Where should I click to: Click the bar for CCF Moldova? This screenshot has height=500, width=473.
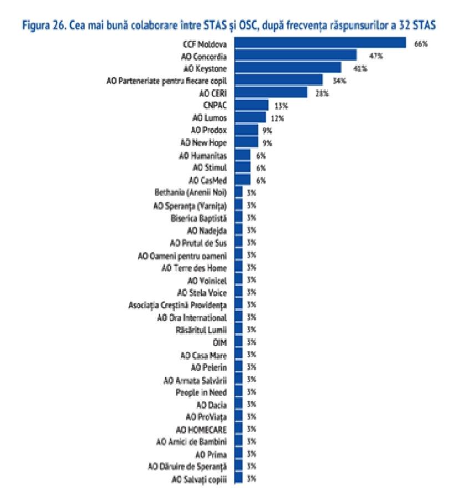pyautogui.click(x=321, y=43)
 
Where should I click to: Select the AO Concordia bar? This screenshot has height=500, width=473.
pyautogui.click(x=296, y=55)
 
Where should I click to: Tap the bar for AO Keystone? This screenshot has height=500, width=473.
pyautogui.click(x=288, y=68)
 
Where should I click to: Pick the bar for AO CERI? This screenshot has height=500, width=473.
pyautogui.click(x=271, y=93)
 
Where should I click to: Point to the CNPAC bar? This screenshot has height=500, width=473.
pyautogui.click(x=252, y=105)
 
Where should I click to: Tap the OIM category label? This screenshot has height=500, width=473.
pyautogui.click(x=221, y=342)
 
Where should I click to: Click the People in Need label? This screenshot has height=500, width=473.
pyautogui.click(x=201, y=392)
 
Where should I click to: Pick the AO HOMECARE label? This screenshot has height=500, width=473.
pyautogui.click(x=201, y=429)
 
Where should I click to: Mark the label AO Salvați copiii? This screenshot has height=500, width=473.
pyautogui.click(x=200, y=479)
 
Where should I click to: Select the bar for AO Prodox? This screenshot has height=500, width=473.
pyautogui.click(x=246, y=130)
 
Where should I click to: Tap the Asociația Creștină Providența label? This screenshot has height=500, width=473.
pyautogui.click(x=177, y=305)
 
